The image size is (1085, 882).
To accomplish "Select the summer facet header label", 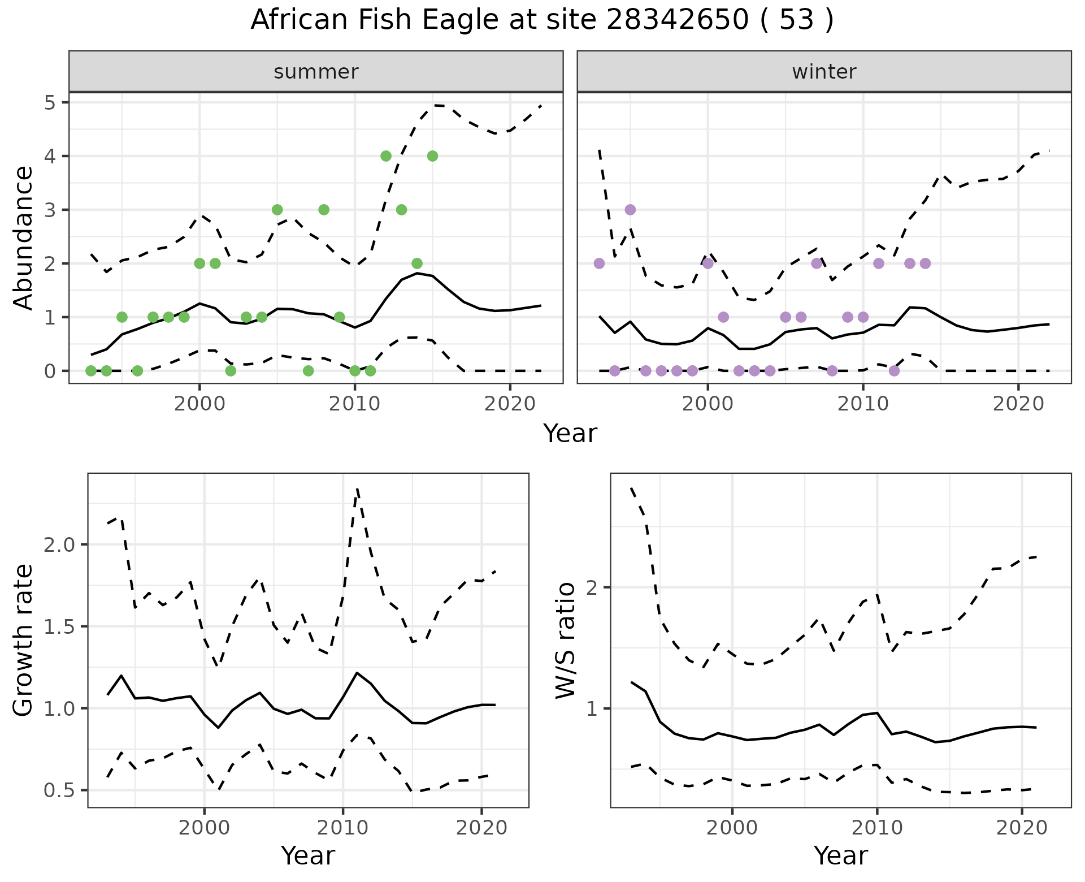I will tap(316, 72).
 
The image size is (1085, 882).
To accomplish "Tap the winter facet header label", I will tap(824, 72).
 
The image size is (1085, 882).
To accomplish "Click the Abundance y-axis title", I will tap(24, 237).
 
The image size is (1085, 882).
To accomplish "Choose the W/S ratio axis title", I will tap(565, 641).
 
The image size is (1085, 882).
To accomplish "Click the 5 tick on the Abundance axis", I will tap(50, 102).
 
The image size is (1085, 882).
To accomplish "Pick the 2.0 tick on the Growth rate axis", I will tap(58, 544).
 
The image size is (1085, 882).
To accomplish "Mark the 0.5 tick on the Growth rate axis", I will tap(58, 790).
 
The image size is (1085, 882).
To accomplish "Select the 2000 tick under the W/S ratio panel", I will tap(732, 828).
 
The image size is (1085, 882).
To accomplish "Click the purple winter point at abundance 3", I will tap(630, 210).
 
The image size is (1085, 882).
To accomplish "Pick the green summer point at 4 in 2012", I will tap(386, 156).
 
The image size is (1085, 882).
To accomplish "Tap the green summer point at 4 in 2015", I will tap(432, 156).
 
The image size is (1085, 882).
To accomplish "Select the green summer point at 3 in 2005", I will tap(277, 210).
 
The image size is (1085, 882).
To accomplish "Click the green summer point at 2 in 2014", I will tap(417, 263).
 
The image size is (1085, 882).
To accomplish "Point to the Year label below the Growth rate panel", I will tap(308, 855).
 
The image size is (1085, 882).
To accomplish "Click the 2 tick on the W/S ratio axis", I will tap(592, 587).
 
